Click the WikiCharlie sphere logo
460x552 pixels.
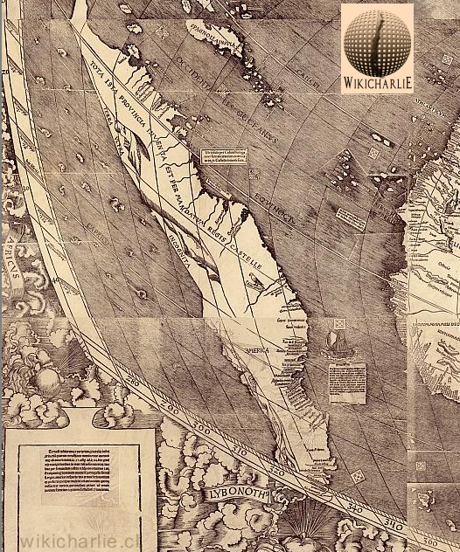coord(377,40)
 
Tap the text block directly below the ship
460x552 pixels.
coord(346,381)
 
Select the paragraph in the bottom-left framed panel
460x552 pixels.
coord(79,473)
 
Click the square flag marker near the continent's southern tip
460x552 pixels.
coord(357,476)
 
